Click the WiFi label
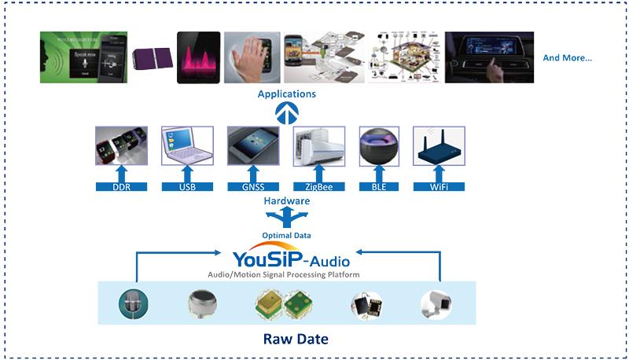click(438, 187)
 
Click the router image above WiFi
click(439, 146)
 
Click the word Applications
click(287, 94)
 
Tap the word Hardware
click(287, 201)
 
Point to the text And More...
click(568, 58)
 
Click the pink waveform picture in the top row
click(197, 57)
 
